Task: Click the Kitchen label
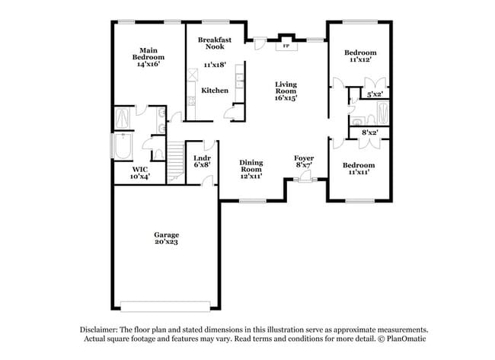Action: pyautogui.click(x=215, y=91)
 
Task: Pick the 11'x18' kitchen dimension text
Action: pyautogui.click(x=216, y=66)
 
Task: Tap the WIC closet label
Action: pyautogui.click(x=139, y=169)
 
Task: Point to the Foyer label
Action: pyautogui.click(x=305, y=158)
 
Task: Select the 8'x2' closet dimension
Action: pyautogui.click(x=370, y=132)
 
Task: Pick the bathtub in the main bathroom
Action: pyautogui.click(x=122, y=147)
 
